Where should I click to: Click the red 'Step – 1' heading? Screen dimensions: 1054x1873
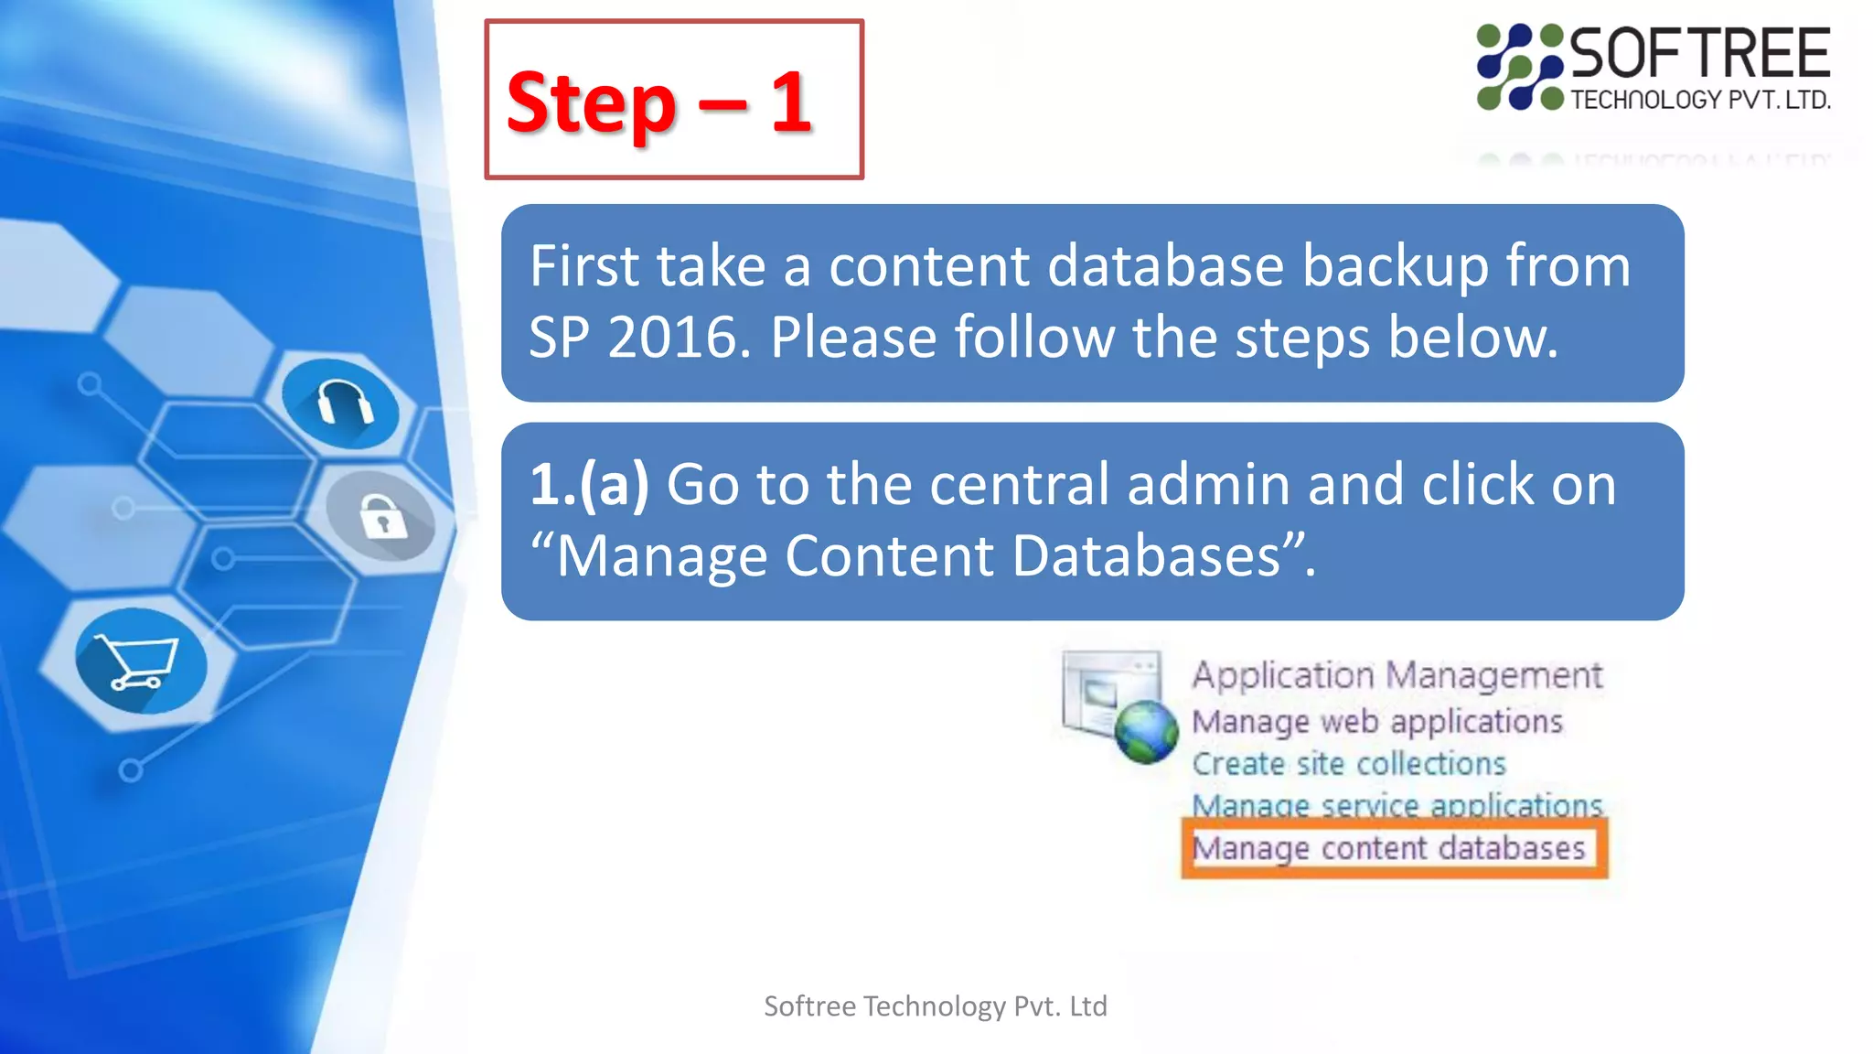tap(658, 102)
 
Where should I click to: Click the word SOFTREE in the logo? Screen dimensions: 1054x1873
tap(1699, 54)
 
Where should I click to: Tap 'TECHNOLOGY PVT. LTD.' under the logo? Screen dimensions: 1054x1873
tap(1699, 100)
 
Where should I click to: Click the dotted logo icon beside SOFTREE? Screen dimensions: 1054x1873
tap(1519, 68)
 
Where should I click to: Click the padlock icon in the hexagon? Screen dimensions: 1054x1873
tap(383, 517)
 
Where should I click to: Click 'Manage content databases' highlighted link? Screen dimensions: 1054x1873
tap(1388, 848)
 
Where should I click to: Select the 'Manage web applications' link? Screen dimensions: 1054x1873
tap(1377, 722)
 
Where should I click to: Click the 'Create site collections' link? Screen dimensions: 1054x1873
tap(1348, 764)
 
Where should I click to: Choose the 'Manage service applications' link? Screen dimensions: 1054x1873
tap(1397, 805)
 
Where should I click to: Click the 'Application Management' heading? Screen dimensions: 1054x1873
tap(1397, 675)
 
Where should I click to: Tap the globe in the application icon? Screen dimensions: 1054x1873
tap(1145, 732)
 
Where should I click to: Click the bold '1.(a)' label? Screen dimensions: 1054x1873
tap(589, 484)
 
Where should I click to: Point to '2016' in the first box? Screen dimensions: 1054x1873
tap(671, 338)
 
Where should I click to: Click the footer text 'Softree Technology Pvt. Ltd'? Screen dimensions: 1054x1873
tap(935, 1006)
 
